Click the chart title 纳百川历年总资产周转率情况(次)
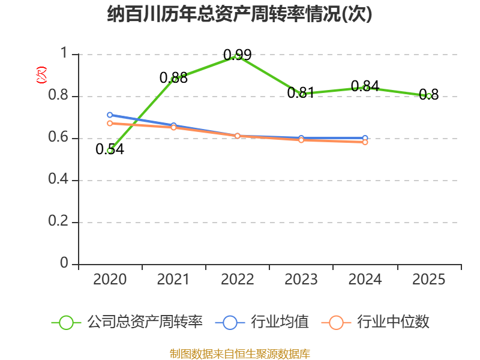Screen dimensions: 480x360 239,14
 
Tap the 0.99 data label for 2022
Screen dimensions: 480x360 237,55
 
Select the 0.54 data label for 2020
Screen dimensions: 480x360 110,149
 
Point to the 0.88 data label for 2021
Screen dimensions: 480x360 173,77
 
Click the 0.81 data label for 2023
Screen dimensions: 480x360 301,92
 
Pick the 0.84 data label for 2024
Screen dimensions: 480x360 365,86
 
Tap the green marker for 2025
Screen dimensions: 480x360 429,97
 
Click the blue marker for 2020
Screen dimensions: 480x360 110,115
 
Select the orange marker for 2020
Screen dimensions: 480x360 110,124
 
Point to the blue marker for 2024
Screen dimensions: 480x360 365,138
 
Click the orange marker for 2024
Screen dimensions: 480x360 365,142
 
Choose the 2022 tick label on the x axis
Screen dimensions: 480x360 237,280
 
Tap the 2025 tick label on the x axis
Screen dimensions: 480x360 428,280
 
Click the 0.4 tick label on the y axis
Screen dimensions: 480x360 58,178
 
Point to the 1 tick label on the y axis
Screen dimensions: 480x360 64,53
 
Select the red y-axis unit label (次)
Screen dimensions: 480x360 41,75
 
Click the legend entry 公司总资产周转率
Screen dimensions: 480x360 127,322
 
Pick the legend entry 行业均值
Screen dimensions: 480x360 262,322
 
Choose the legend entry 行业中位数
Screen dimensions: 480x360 376,322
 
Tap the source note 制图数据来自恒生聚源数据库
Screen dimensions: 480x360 239,354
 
